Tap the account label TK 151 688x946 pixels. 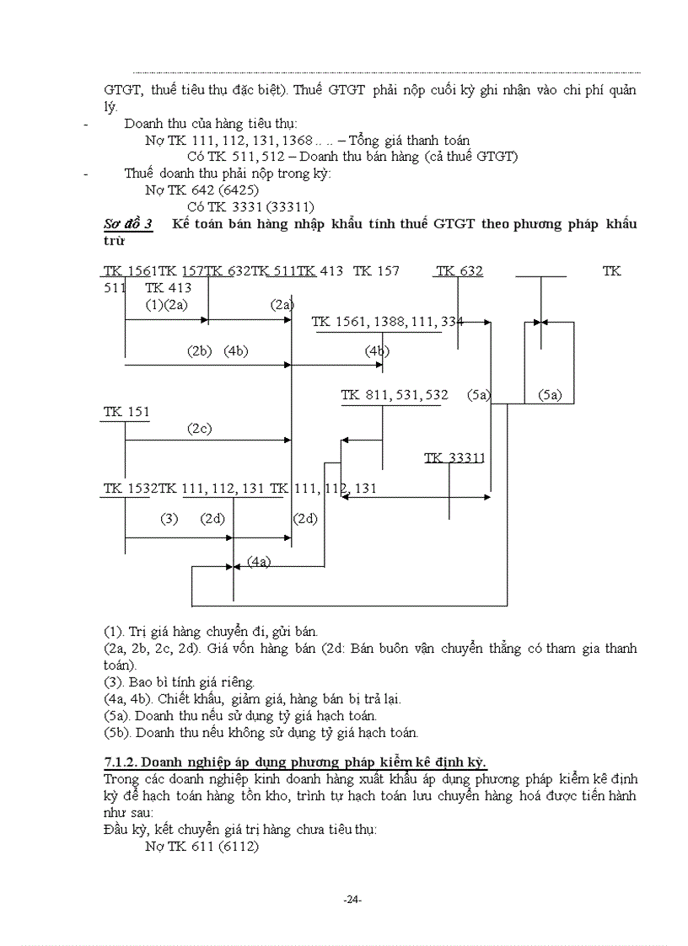tap(126, 412)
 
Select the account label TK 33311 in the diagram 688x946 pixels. tap(455, 458)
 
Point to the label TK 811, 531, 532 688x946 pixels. tap(394, 395)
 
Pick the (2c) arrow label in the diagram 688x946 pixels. tap(199, 429)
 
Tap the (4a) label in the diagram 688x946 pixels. tap(259, 561)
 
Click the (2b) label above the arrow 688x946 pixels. tap(199, 351)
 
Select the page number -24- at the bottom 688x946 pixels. tap(352, 900)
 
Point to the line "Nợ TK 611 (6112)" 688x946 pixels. tap(202, 847)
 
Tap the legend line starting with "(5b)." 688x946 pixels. tap(261, 733)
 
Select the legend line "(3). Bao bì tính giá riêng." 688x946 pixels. tap(179, 682)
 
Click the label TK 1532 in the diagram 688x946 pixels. tap(131, 489)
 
